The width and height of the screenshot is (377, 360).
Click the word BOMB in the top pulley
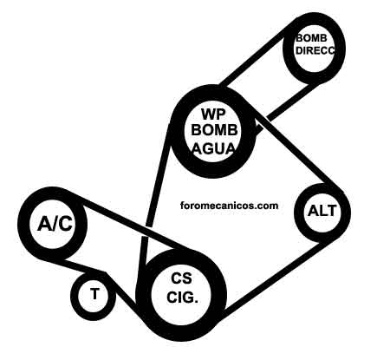312,38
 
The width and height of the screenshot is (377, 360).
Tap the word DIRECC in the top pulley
315,50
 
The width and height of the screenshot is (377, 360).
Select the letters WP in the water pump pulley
213,114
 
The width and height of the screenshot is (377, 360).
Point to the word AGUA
214,148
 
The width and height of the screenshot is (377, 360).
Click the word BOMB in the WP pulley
214,131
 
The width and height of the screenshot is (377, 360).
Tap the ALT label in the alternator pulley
322,211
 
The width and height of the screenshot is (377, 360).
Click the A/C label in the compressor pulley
55,224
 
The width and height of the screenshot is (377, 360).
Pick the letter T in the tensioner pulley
94,293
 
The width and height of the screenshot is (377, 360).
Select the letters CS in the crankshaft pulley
181,278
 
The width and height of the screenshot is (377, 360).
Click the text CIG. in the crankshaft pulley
182,298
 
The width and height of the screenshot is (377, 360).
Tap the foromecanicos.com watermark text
229,206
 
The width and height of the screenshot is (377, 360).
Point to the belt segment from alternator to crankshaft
271,279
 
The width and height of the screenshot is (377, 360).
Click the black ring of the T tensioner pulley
75,295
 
